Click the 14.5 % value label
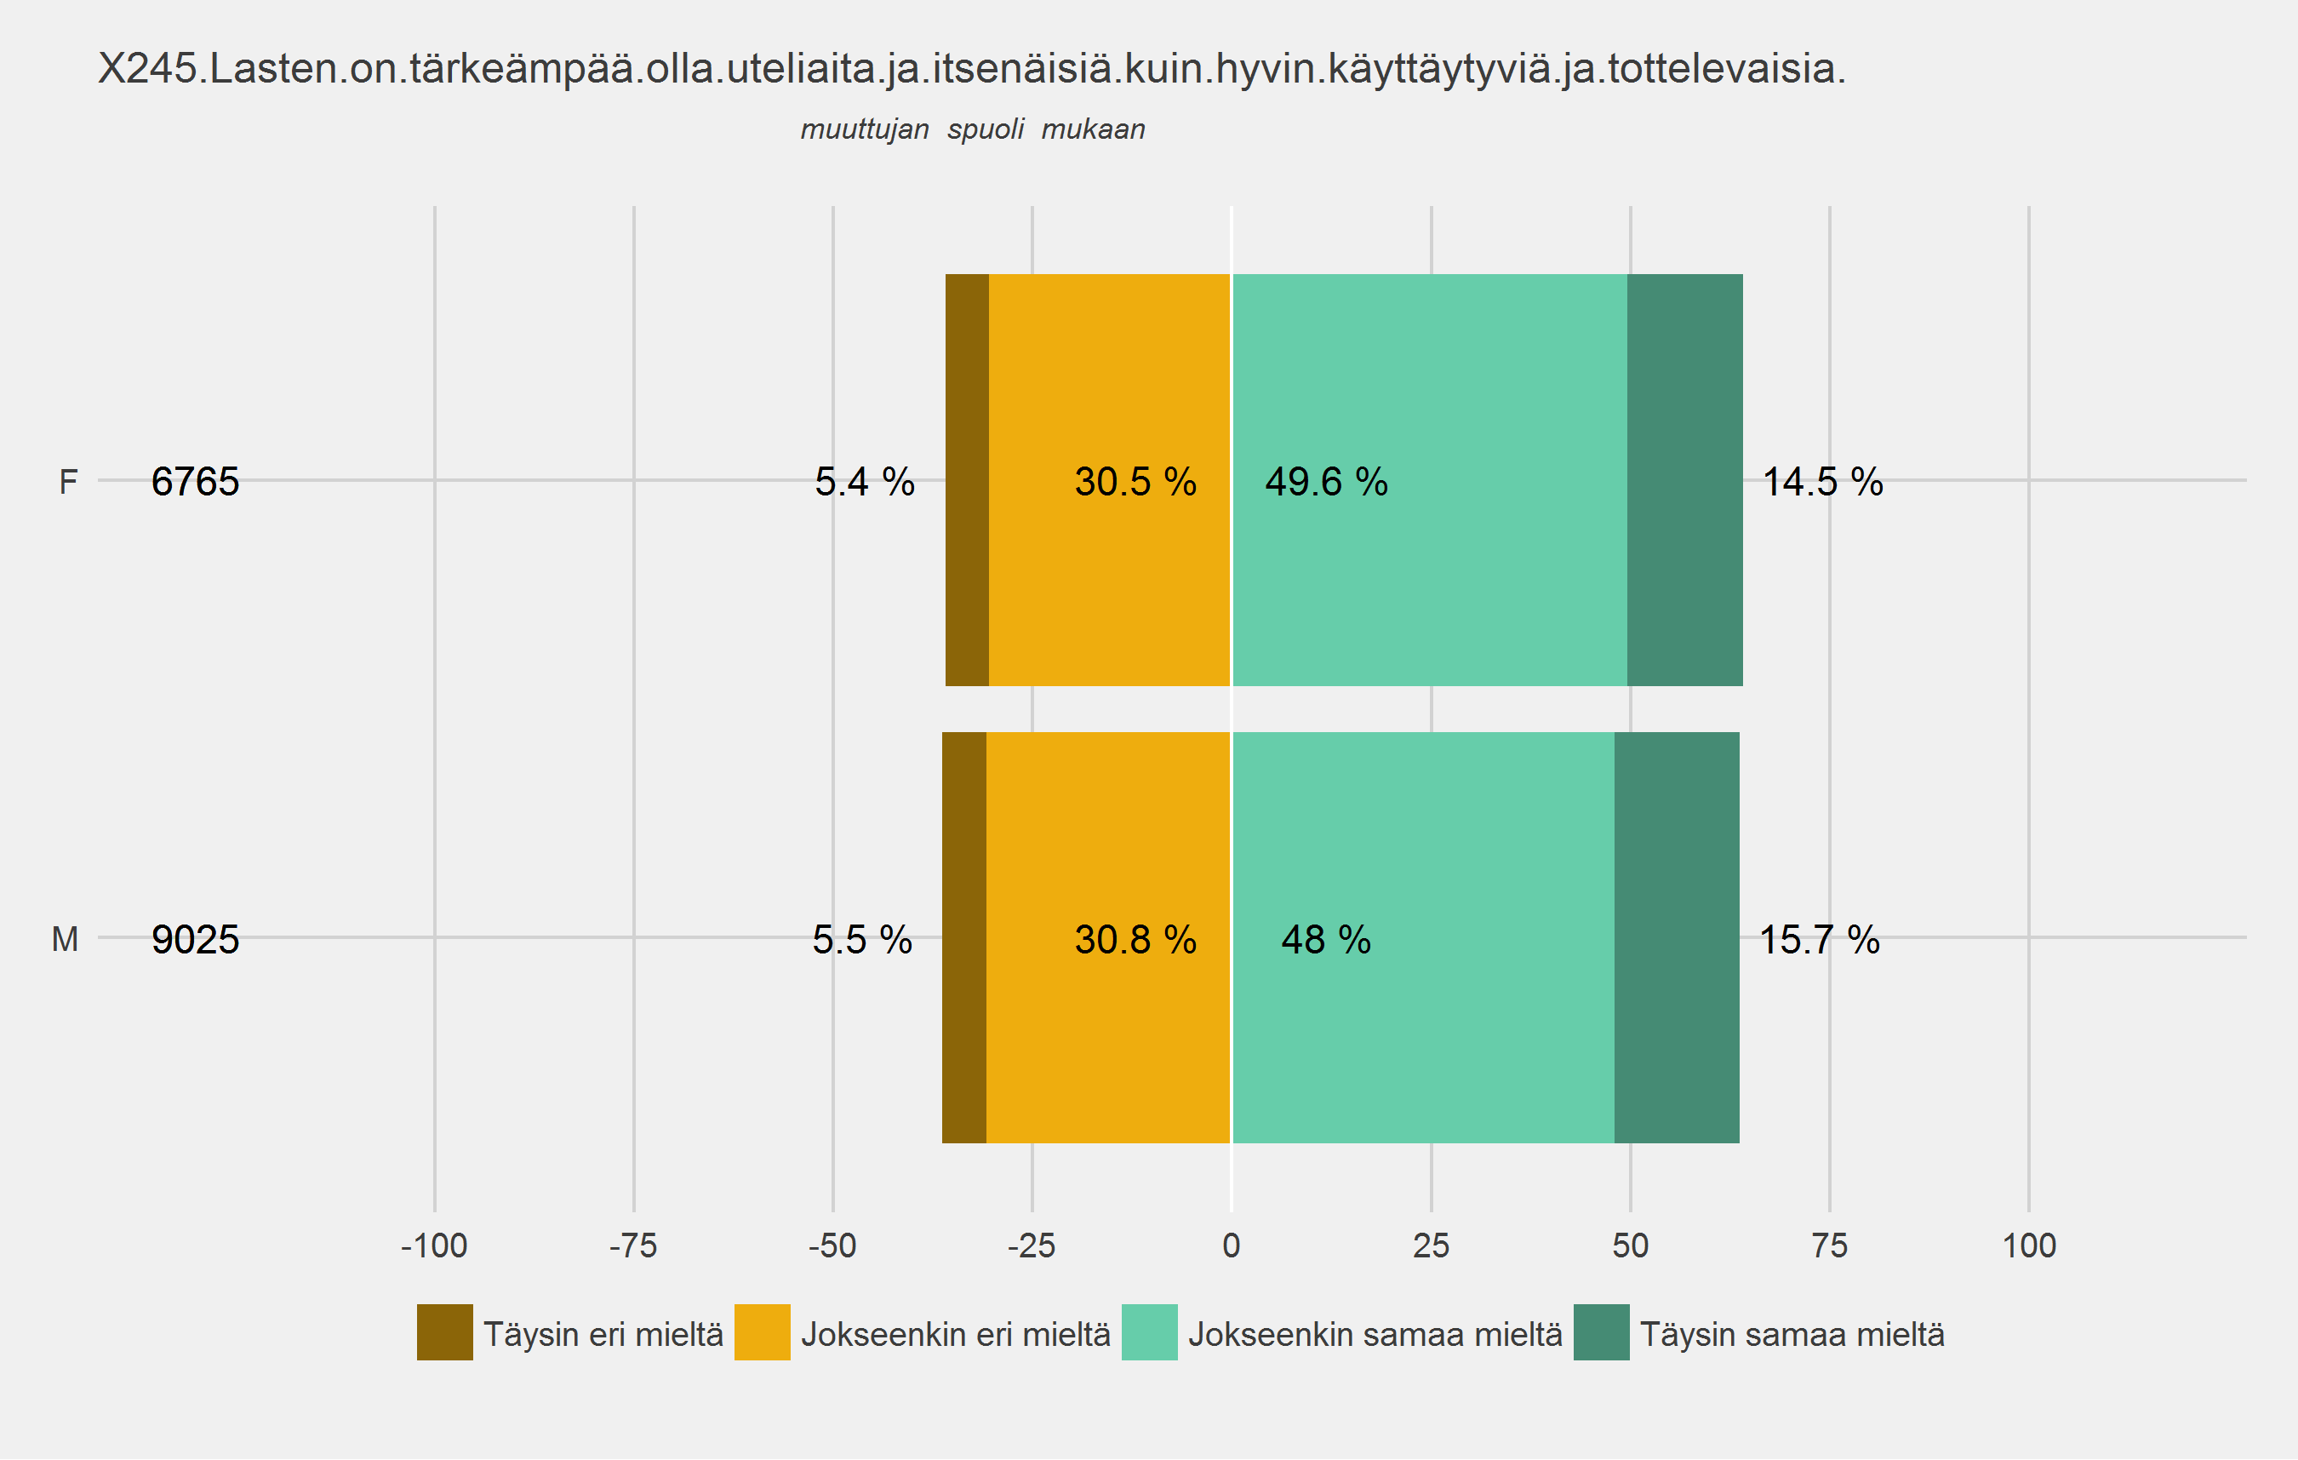point(1821,482)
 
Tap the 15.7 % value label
point(1819,940)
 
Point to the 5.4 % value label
point(865,482)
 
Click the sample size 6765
point(195,482)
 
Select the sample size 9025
point(195,940)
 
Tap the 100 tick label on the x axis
point(2029,1245)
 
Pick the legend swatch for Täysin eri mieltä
point(445,1332)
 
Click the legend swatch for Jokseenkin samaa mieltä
point(1149,1332)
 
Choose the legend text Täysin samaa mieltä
point(1792,1334)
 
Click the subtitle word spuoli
point(985,129)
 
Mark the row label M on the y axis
point(65,940)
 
